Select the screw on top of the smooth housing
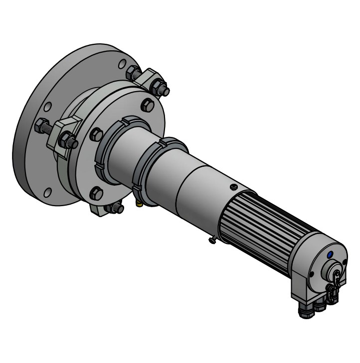pyautogui.click(x=232, y=187)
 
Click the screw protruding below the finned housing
pyautogui.click(x=212, y=241)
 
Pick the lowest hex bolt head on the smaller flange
pyautogui.click(x=96, y=192)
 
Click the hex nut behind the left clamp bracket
pyautogui.click(x=41, y=126)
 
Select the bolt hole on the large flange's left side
pyautogui.click(x=47, y=107)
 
